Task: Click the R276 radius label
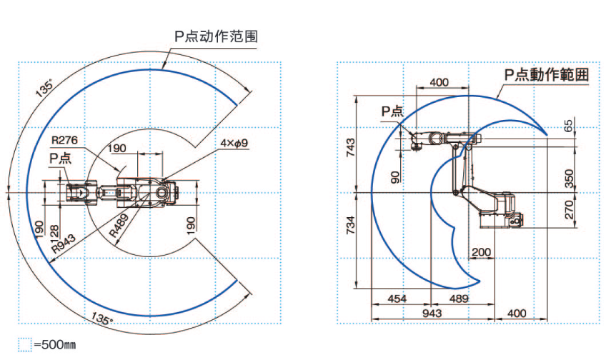pyautogui.click(x=66, y=139)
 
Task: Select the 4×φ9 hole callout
pyautogui.click(x=234, y=144)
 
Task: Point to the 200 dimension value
pyautogui.click(x=481, y=252)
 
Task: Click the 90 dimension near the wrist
pyautogui.click(x=396, y=176)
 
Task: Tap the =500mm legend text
pyautogui.click(x=54, y=345)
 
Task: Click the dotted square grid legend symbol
pyautogui.click(x=25, y=345)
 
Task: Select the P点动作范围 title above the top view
pyautogui.click(x=216, y=36)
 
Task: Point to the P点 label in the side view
pyautogui.click(x=392, y=111)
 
